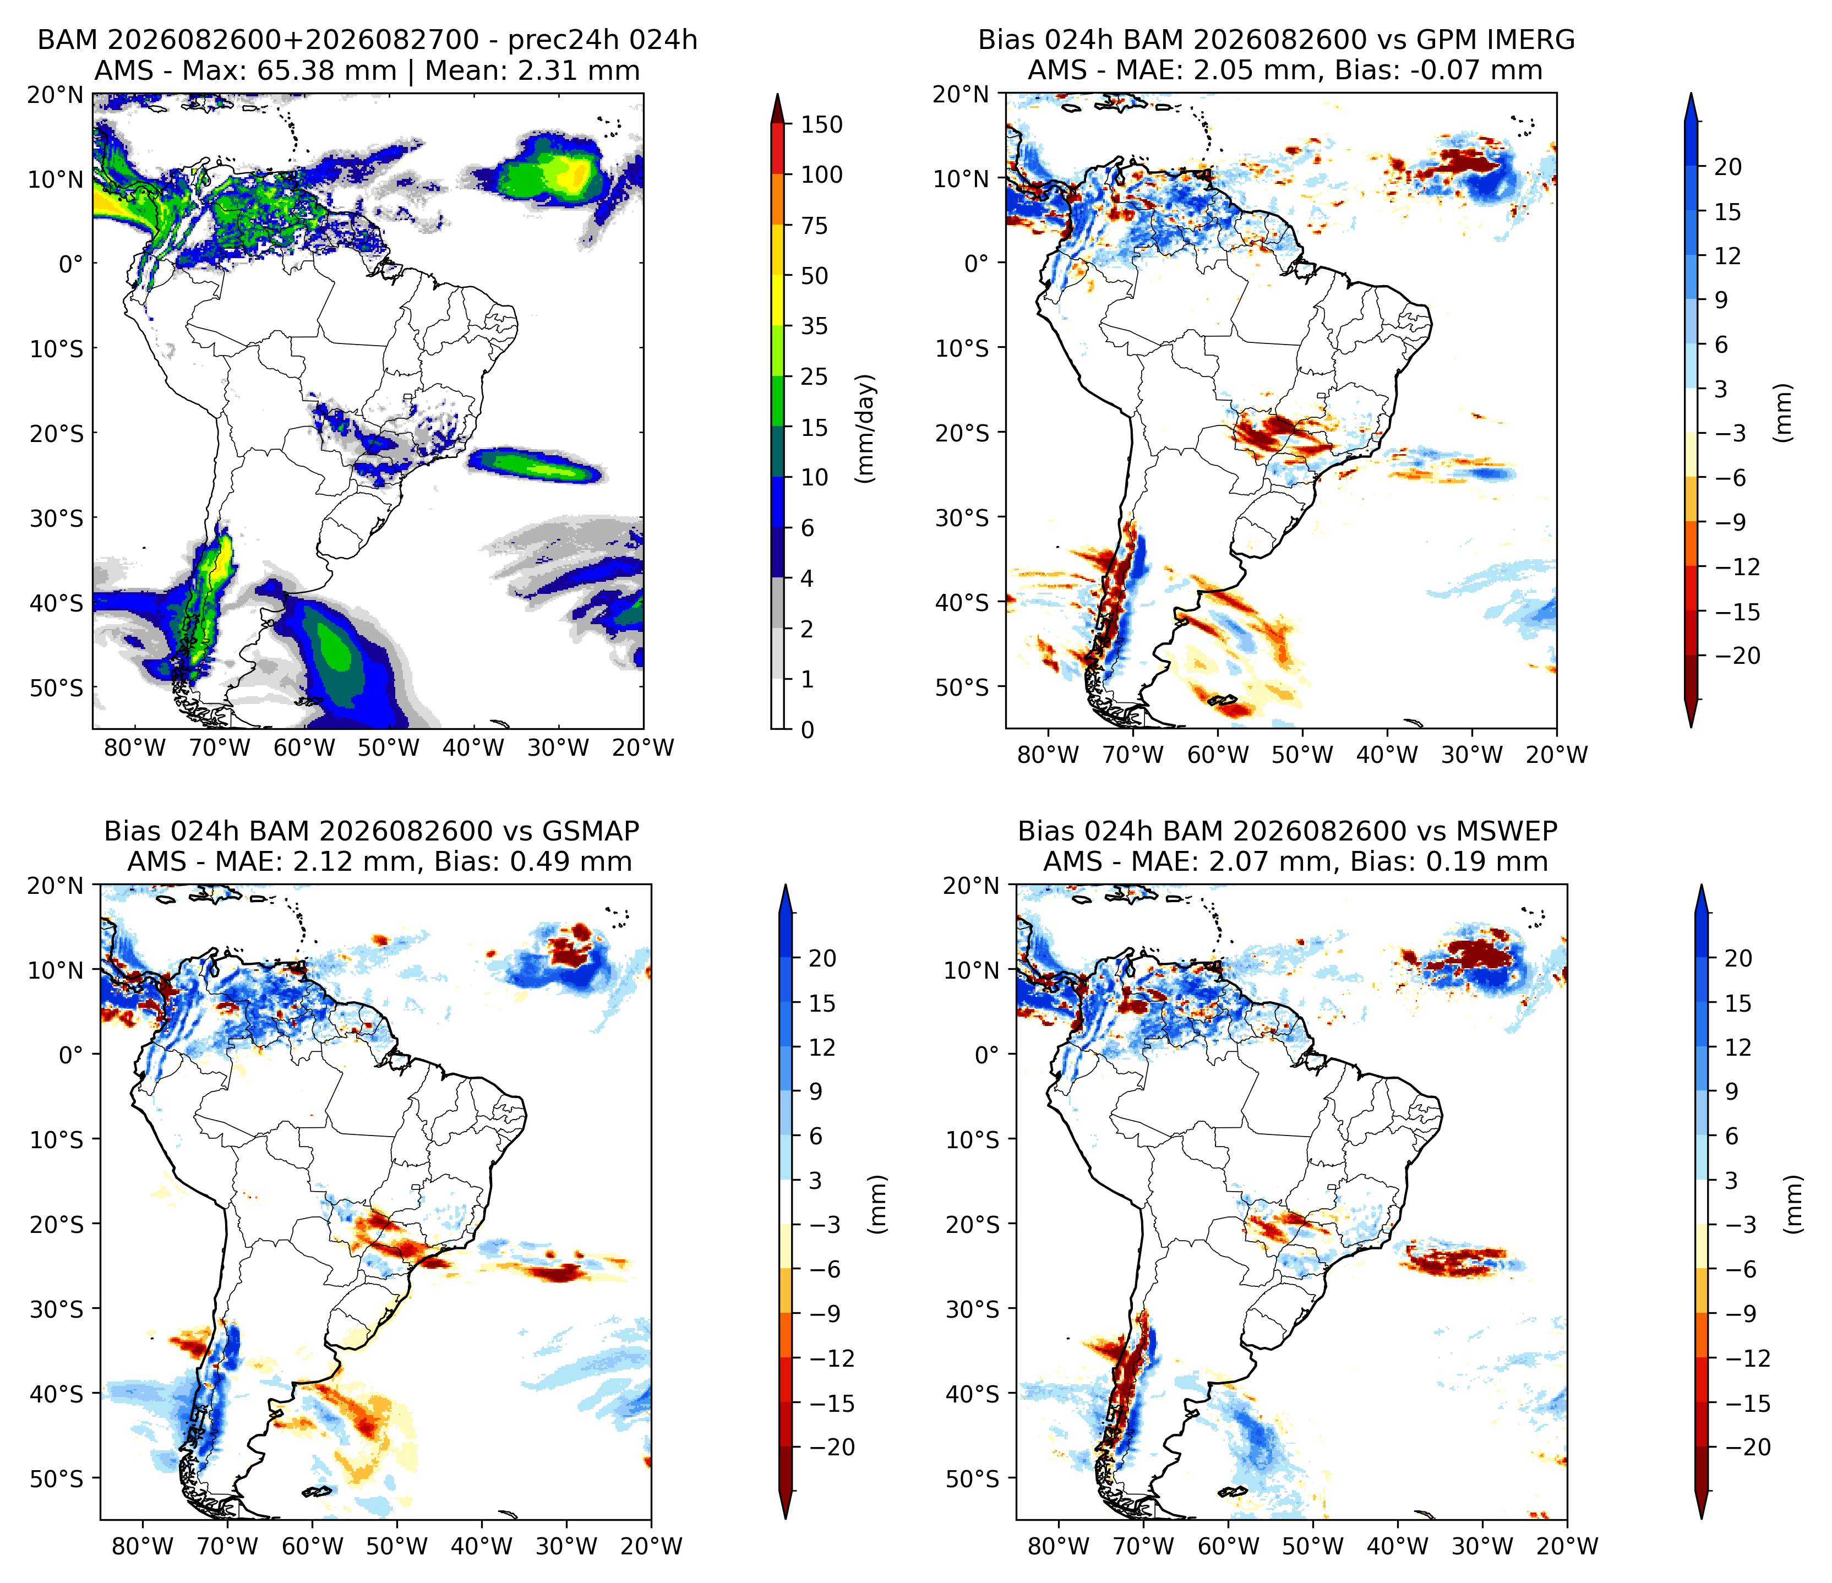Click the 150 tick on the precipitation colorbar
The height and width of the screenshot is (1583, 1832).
[x=821, y=124]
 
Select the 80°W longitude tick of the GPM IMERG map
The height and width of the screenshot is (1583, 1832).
[x=1049, y=754]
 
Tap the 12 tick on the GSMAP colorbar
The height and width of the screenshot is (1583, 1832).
[x=821, y=1047]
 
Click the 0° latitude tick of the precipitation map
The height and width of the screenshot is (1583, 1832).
[x=70, y=264]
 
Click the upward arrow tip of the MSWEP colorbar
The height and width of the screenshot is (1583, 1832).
[x=1700, y=886]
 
